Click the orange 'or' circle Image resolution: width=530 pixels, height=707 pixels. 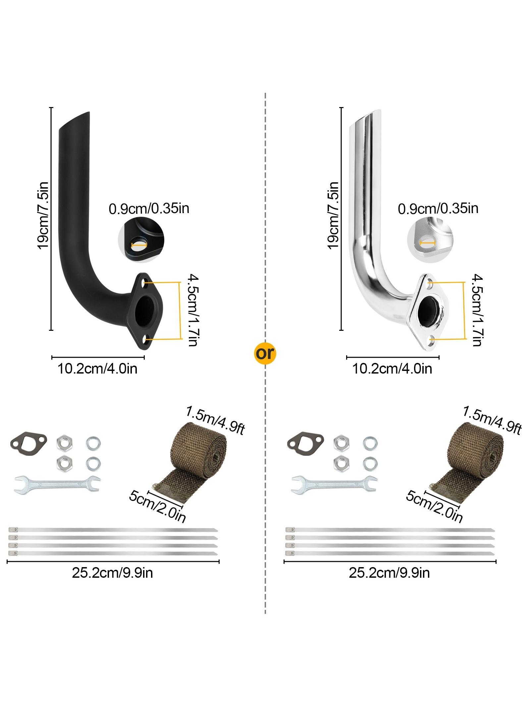(265, 354)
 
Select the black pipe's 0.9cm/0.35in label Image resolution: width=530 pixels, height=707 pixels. (149, 209)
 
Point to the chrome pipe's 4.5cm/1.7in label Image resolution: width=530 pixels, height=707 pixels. (477, 310)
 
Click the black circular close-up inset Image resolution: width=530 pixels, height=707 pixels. (141, 240)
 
